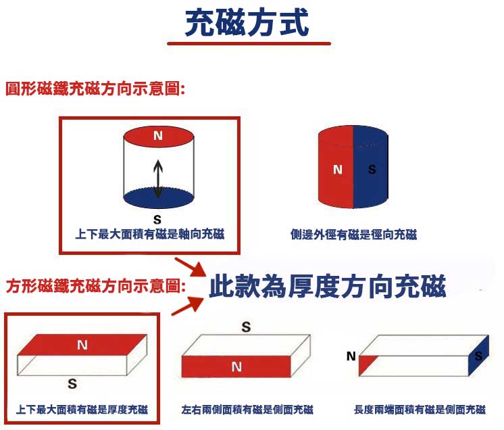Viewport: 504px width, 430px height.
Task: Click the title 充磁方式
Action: click(247, 22)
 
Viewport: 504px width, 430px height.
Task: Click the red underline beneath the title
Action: click(249, 43)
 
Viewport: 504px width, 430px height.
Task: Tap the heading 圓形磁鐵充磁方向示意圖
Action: click(95, 89)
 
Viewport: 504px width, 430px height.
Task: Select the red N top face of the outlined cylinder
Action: click(159, 137)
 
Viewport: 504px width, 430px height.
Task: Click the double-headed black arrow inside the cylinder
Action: click(158, 178)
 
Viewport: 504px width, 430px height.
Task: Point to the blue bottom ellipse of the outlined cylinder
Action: click(159, 197)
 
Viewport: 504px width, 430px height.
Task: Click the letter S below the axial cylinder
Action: click(157, 220)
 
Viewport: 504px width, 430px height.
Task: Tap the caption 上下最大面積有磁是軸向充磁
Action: click(150, 234)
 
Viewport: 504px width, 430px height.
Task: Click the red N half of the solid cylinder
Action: click(336, 167)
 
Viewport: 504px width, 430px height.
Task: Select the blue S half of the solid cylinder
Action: click(371, 167)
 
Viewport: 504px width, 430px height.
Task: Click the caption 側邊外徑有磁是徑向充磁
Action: click(353, 235)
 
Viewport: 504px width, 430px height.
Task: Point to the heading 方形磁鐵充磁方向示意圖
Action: click(96, 286)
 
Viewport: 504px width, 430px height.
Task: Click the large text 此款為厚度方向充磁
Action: click(327, 286)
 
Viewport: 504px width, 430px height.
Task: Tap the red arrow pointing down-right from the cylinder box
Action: click(190, 267)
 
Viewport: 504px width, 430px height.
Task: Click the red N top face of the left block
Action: click(82, 345)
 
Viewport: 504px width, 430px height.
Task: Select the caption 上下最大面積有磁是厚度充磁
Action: click(82, 410)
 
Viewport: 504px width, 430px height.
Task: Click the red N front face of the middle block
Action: click(236, 366)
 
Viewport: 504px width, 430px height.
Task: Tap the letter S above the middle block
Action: click(246, 327)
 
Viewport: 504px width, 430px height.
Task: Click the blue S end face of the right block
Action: click(478, 356)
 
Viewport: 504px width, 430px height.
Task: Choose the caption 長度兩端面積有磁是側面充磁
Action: click(420, 410)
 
